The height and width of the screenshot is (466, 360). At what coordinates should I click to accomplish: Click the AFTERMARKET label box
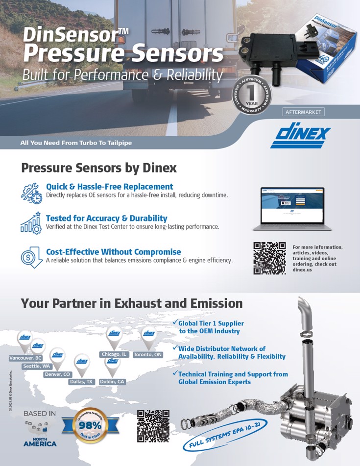click(x=303, y=112)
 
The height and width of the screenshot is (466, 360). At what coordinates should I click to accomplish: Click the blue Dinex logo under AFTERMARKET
click(x=300, y=135)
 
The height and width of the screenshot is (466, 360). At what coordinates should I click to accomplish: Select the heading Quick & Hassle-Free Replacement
click(x=109, y=187)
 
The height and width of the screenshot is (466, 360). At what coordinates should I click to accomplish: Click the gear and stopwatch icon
click(x=31, y=192)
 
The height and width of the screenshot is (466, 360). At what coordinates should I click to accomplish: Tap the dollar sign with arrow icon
click(x=31, y=257)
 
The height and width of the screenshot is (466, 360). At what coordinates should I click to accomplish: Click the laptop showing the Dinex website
click(x=292, y=208)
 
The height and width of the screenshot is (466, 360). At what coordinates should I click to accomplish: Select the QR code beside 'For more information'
click(x=269, y=258)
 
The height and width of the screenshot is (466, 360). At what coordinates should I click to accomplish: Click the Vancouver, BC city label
click(x=25, y=358)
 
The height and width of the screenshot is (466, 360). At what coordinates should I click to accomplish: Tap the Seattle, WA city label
click(x=37, y=366)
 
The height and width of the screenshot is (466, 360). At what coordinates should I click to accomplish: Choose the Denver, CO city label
click(x=57, y=374)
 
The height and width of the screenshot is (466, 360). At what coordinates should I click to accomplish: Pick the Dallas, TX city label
click(x=81, y=381)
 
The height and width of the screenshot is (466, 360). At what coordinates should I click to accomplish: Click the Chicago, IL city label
click(x=114, y=354)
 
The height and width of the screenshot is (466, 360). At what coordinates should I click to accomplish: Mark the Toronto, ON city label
click(x=147, y=354)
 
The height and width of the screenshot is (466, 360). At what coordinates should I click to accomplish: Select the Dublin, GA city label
click(x=112, y=381)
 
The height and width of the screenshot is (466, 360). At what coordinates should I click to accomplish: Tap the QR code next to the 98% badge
click(x=153, y=426)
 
